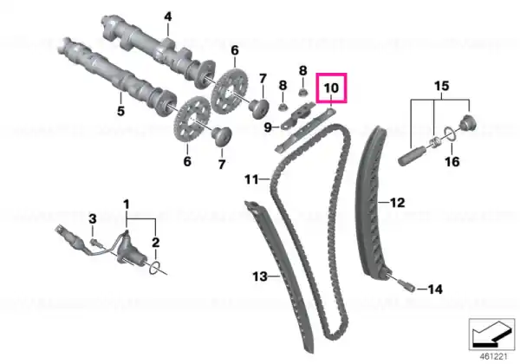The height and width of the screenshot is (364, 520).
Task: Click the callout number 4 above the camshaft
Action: (168, 16)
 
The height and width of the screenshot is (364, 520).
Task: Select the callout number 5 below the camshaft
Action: (121, 111)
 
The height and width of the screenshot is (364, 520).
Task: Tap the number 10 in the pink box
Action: (331, 88)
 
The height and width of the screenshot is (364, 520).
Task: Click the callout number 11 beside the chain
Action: (251, 179)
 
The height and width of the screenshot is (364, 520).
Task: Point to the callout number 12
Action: (397, 202)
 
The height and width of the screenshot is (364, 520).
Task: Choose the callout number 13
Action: (260, 276)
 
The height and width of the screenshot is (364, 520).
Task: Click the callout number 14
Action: (435, 289)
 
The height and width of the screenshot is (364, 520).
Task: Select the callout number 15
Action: (441, 86)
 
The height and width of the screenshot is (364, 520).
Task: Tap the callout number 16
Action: (452, 162)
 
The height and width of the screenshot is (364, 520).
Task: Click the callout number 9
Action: (268, 127)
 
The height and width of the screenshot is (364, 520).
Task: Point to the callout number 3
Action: (93, 218)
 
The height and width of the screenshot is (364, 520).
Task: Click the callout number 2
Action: (155, 243)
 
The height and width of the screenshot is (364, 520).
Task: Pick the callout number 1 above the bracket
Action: (127, 205)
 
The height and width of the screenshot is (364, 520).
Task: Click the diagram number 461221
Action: (494, 357)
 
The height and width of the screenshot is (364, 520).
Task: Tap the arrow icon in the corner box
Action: (491, 334)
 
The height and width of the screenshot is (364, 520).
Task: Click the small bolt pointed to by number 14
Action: (406, 285)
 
